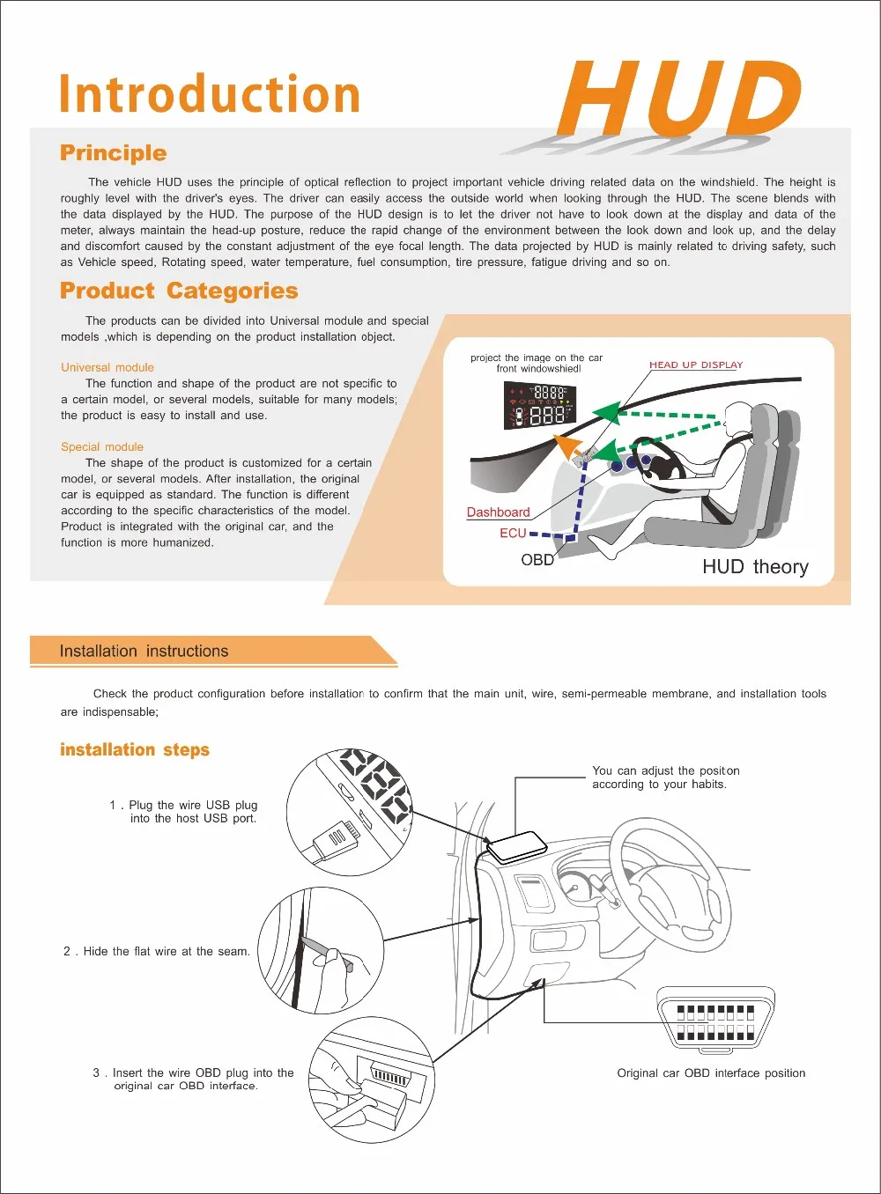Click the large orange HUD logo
point(678,99)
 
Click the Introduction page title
point(210,95)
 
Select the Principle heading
point(113,153)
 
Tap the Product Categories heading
point(179,291)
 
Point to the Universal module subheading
point(107,367)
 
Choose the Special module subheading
point(102,446)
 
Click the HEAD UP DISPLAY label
point(696,365)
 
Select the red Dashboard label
point(498,512)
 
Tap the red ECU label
point(513,534)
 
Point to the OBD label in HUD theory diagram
point(537,560)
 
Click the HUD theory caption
point(755,567)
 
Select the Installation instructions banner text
point(144,652)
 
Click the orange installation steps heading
point(135,750)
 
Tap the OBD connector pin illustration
point(715,1021)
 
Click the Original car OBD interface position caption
point(711,1073)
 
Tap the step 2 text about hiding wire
point(157,952)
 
